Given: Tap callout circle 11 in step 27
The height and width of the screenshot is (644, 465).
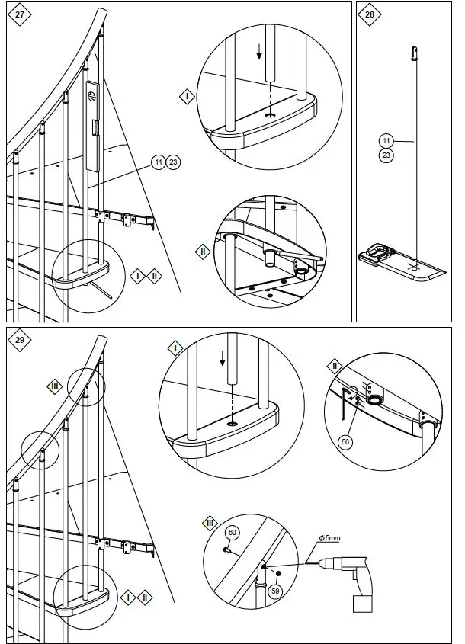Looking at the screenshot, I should pyautogui.click(x=158, y=162).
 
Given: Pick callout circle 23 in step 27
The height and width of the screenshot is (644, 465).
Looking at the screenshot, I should pyautogui.click(x=173, y=162).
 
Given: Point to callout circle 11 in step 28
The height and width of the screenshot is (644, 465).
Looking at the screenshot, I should pyautogui.click(x=386, y=140).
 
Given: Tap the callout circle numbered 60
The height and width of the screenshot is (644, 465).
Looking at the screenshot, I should pyautogui.click(x=233, y=532).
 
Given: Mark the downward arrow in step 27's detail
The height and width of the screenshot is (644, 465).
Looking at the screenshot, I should pyautogui.click(x=259, y=52).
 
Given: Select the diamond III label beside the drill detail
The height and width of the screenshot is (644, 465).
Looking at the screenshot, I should pyautogui.click(x=210, y=522).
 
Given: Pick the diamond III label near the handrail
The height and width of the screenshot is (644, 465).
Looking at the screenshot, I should pyautogui.click(x=54, y=386).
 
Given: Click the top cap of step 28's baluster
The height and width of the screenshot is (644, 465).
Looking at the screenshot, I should pyautogui.click(x=414, y=53).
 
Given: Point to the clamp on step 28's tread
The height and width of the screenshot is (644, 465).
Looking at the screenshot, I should pyautogui.click(x=379, y=251).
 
